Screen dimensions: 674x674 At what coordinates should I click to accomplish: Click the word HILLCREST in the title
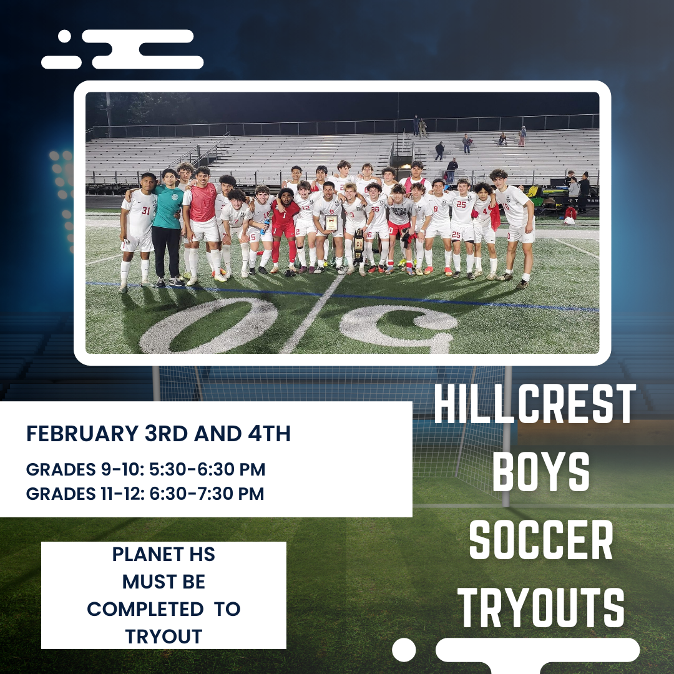(x=535, y=406)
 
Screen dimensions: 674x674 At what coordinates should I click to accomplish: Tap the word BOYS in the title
(x=540, y=472)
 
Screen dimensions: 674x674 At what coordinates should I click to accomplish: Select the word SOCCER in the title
(x=540, y=542)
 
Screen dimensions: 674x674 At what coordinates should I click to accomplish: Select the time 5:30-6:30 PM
(x=200, y=469)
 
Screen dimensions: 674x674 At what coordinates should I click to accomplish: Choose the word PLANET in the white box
(x=145, y=554)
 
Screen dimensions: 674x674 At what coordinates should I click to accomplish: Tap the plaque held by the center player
(x=331, y=223)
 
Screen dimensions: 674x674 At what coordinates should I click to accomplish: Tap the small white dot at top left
(x=64, y=37)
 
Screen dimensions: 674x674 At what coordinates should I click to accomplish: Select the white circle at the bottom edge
(x=404, y=650)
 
